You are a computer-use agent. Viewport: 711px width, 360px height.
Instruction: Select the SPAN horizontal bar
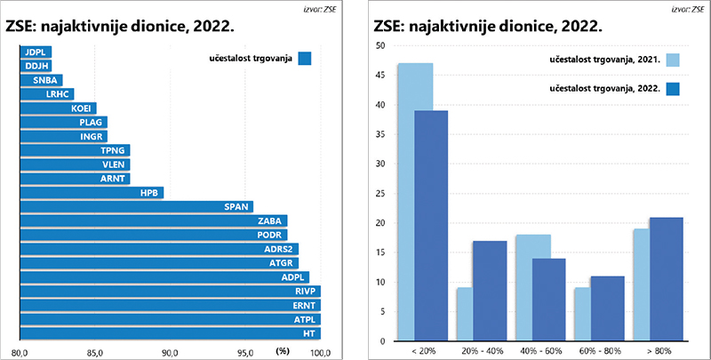(133, 206)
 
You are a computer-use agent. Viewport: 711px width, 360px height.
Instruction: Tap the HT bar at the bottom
(169, 333)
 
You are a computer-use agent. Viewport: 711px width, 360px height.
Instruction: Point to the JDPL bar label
(36, 52)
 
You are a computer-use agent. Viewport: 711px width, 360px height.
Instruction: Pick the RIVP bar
(169, 291)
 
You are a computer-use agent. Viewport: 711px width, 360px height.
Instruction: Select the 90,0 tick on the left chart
(170, 353)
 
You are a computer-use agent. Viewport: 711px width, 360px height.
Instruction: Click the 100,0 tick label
(319, 353)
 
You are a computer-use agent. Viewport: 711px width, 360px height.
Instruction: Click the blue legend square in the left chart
(305, 59)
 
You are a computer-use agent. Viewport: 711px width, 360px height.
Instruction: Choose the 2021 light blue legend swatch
(672, 60)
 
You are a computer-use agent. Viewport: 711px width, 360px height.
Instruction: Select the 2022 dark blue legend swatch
(672, 88)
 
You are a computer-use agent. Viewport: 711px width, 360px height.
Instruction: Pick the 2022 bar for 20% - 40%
(489, 291)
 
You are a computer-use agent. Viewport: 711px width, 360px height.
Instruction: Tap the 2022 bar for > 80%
(667, 279)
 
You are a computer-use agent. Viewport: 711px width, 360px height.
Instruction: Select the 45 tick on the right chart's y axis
(379, 75)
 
